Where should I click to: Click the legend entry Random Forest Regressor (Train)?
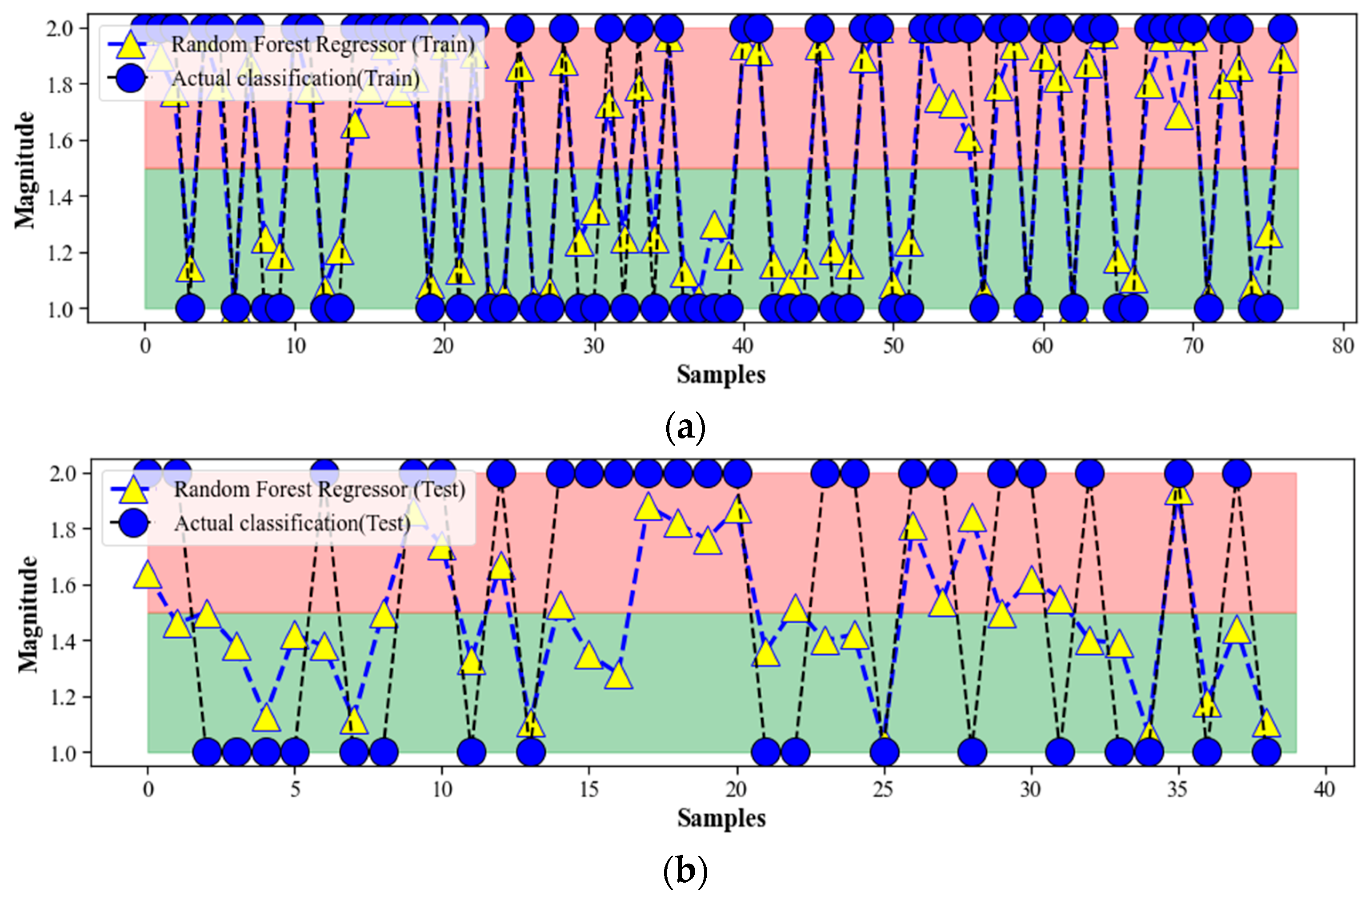pos(323,45)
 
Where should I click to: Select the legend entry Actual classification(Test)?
pos(292,523)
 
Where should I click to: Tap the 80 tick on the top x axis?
pos(1342,346)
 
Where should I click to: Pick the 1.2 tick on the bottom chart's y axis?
pos(62,697)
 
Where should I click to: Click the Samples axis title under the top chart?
pos(721,375)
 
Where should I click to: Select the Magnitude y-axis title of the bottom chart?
pos(28,614)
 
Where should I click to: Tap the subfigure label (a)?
pos(684,427)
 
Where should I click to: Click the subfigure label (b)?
pos(684,871)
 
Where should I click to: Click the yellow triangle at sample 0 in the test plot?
pos(148,575)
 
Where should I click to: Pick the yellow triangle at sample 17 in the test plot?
pos(648,508)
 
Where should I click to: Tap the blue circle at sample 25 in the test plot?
pos(884,752)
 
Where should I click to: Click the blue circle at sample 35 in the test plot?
pos(1179,474)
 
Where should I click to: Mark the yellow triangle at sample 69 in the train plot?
pos(1179,117)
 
